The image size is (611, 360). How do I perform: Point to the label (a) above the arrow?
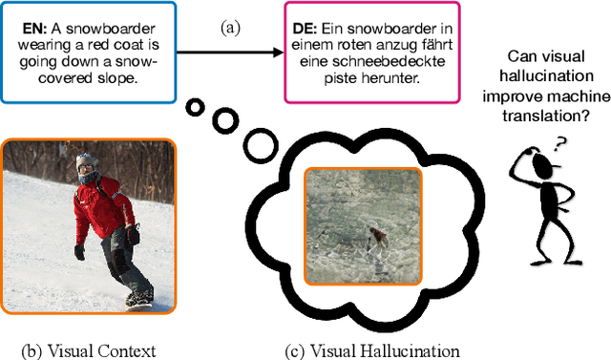click(230, 28)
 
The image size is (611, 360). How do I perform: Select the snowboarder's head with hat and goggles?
click(87, 169)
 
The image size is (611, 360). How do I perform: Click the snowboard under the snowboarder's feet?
click(139, 299)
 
